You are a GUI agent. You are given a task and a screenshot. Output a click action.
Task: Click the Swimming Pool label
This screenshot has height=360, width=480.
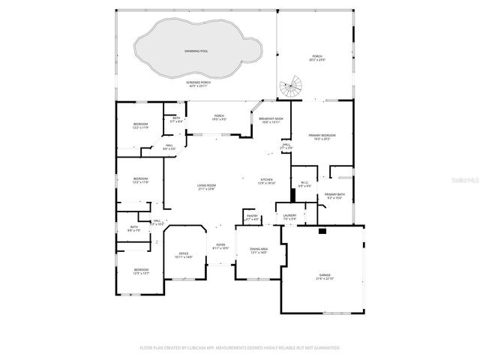point(196,51)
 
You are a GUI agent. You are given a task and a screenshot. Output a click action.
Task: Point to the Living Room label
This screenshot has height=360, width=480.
point(206,187)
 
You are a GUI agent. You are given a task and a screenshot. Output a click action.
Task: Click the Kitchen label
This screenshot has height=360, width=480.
point(268,181)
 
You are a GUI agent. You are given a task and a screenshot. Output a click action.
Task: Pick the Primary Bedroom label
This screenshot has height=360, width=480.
point(322,136)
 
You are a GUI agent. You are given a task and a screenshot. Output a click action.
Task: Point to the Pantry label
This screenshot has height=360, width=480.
point(252,217)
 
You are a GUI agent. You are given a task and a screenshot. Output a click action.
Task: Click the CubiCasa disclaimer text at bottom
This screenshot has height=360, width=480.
point(240,348)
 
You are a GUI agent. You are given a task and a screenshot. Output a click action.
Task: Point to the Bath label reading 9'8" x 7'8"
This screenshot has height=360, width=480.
point(133,229)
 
